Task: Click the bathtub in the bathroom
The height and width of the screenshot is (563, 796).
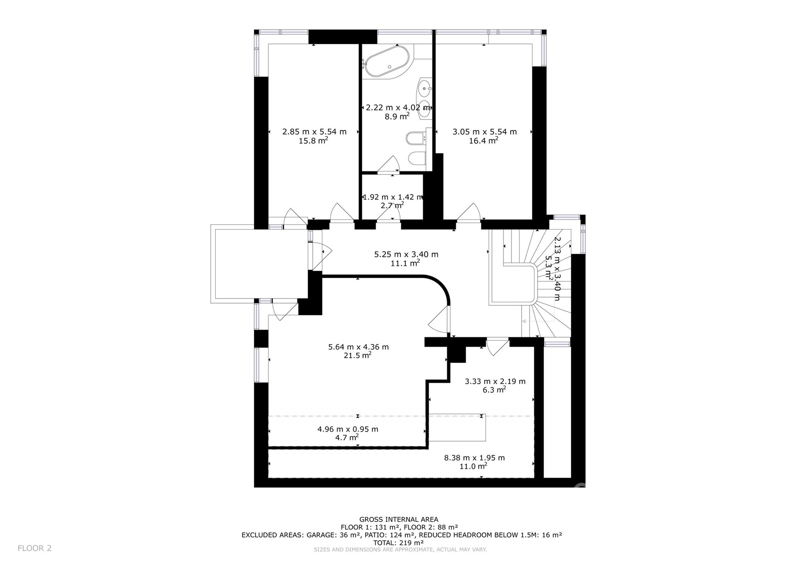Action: (x=385, y=62)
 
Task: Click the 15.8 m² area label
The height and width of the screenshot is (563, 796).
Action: (x=313, y=141)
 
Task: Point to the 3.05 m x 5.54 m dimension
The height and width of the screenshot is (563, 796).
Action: (x=485, y=132)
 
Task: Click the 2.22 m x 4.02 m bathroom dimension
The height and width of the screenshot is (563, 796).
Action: (x=398, y=108)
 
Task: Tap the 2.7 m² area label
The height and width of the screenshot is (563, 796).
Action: (x=392, y=205)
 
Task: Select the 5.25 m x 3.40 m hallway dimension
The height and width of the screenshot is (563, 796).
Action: (x=406, y=255)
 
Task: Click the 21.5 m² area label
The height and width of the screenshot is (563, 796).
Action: (x=358, y=355)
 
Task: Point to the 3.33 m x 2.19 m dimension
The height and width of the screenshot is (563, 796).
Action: (x=495, y=381)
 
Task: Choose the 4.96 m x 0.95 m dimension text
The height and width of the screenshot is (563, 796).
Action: (x=348, y=430)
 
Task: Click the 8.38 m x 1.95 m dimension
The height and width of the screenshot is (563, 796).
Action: (x=475, y=458)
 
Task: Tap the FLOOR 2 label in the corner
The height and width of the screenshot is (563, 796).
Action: (x=34, y=548)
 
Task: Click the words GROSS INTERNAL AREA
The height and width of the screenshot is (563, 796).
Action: (x=398, y=519)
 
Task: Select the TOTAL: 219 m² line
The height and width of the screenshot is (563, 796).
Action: (x=398, y=543)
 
